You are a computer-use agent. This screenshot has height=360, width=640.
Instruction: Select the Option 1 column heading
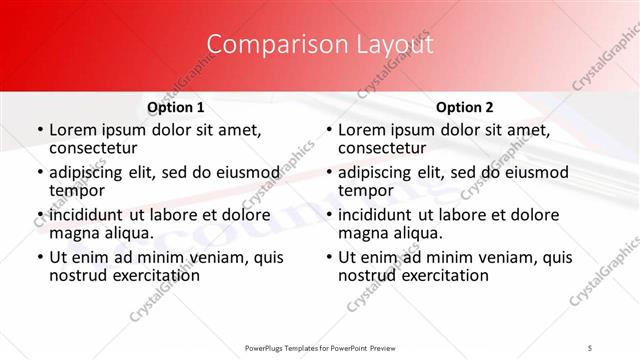tap(175, 107)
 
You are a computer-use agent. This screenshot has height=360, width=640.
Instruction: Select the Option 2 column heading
tap(465, 107)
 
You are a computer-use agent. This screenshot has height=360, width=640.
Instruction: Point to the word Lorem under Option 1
tap(72, 130)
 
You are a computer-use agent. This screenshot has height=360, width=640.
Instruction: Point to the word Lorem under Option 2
tap(361, 130)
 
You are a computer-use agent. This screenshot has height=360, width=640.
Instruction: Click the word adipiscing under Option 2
tap(379, 172)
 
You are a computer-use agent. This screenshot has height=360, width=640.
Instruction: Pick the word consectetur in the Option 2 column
tap(384, 148)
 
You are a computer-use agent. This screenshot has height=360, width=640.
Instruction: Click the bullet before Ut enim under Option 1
tap(39, 257)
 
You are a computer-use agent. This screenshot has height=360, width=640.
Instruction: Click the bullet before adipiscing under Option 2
tap(328, 173)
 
